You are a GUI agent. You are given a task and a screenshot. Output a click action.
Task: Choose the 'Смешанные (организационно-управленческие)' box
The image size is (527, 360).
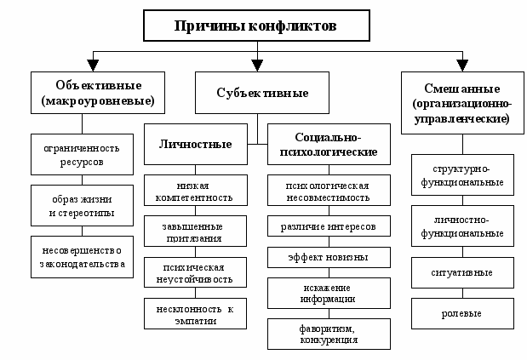point(460,102)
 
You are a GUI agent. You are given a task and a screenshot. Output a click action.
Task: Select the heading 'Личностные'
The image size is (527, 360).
point(195,145)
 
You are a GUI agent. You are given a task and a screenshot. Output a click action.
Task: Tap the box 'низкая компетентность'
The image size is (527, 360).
point(196,191)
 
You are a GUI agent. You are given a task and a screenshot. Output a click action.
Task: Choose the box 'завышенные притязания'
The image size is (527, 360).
point(196,231)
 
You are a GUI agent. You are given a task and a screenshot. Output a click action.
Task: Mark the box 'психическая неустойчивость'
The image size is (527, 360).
point(196,272)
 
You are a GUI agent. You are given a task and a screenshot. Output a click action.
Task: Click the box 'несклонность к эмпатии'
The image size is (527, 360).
point(196,315)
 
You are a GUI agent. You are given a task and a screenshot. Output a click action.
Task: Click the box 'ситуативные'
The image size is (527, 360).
point(461,272)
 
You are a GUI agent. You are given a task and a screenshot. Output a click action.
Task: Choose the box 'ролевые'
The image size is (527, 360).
point(461,313)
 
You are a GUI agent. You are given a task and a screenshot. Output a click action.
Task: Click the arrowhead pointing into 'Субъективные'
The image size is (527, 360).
point(257,65)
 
